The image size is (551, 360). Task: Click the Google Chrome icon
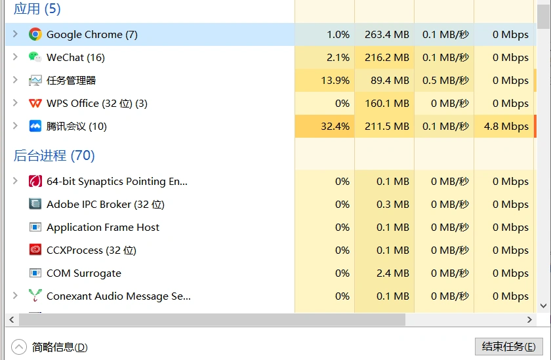[35, 35]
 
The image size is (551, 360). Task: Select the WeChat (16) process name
[75, 58]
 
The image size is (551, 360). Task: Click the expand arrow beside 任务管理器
[16, 80]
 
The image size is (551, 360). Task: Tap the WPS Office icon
[35, 104]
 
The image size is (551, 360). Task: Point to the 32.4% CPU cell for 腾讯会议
[325, 127]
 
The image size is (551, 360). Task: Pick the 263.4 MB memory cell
[385, 35]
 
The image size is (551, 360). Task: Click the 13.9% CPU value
[335, 81]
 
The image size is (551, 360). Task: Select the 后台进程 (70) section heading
[54, 155]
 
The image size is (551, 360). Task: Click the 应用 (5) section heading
[37, 9]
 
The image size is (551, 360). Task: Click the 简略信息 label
[60, 347]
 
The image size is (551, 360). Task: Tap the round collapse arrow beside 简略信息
[19, 347]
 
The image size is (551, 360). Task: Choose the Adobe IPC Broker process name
[106, 205]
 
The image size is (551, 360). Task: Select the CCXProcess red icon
[35, 250]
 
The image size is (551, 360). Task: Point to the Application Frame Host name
[103, 228]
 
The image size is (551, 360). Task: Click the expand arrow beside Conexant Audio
[16, 296]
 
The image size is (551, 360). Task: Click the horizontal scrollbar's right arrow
[530, 319]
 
